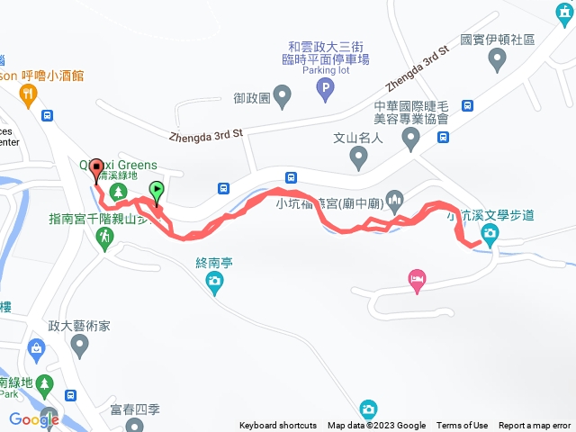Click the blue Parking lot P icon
[x=326, y=88]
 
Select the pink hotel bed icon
[x=416, y=280]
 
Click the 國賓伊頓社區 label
[x=498, y=40]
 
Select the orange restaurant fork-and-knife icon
[x=31, y=93]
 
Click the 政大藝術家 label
[x=80, y=326]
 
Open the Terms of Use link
[x=462, y=426]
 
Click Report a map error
[x=535, y=426]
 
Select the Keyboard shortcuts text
[x=277, y=426]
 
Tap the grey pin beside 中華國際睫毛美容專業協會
[x=411, y=139]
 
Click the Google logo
[x=34, y=418]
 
